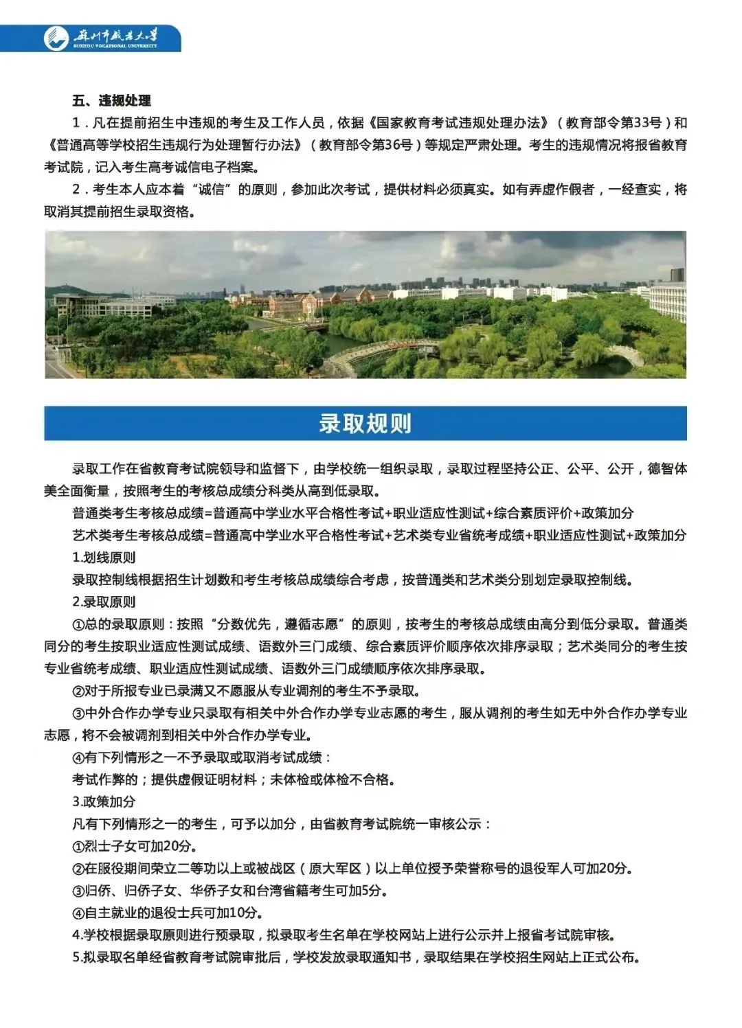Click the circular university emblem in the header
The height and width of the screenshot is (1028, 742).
57,38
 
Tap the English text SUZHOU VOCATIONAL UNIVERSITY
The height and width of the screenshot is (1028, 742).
115,46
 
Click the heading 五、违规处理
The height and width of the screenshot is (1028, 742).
111,101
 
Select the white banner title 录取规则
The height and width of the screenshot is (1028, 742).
366,424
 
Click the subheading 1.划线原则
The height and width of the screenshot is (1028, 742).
104,558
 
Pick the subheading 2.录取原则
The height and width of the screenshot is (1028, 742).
104,602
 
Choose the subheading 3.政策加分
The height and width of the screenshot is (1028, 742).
104,801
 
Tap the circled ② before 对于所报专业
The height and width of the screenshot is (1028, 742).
78,691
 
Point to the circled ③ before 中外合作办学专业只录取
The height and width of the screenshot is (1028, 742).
78,713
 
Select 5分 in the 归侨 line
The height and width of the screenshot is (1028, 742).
371,891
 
